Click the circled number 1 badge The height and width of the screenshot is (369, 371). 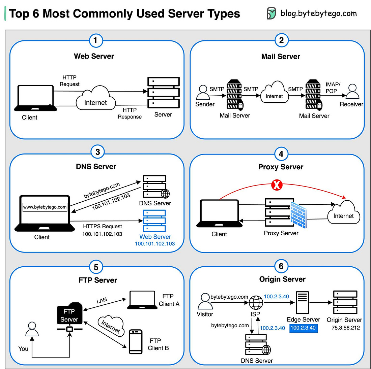click(95, 41)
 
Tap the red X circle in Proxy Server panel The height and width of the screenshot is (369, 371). click(277, 185)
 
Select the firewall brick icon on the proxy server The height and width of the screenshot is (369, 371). click(298, 211)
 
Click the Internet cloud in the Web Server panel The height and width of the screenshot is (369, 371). click(95, 99)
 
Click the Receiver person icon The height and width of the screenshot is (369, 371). click(352, 91)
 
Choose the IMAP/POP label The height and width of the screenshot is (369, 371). click(333, 88)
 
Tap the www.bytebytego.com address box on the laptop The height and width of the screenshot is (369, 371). click(45, 207)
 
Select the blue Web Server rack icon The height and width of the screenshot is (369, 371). click(154, 221)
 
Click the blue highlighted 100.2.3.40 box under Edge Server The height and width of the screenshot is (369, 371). click(303, 328)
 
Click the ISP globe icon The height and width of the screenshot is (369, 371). click(256, 303)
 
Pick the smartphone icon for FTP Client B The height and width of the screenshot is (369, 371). click(136, 341)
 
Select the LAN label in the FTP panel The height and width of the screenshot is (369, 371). click(102, 300)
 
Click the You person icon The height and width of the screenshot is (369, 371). click(32, 330)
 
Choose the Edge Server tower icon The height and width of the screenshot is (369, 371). click(302, 302)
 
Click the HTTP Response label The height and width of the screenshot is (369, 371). click(130, 113)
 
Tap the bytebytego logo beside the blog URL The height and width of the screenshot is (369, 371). click(271, 13)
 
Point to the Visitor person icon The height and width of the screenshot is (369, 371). click(205, 301)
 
